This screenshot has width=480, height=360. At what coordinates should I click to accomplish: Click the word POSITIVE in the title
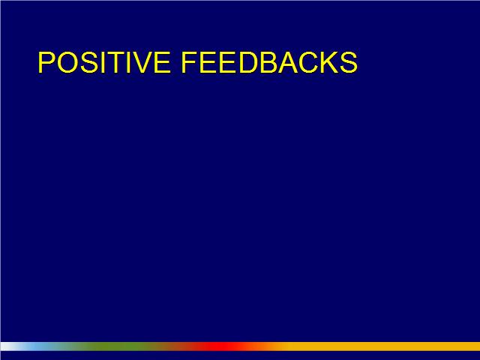point(104,62)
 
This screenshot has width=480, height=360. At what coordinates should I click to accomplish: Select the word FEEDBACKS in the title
point(270,62)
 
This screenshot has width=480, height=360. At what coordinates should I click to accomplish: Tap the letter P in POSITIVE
point(46,62)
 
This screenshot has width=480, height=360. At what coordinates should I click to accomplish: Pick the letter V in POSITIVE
point(142,62)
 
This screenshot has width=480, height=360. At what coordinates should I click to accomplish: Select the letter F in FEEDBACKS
point(190,62)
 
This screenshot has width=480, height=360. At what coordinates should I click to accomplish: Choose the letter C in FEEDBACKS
point(308,62)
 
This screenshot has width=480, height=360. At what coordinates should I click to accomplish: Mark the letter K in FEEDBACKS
point(329,62)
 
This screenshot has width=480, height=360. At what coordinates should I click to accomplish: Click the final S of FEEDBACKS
point(349,62)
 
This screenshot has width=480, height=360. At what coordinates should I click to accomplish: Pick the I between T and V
point(129,62)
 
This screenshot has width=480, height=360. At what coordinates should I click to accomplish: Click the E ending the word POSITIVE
point(162,62)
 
